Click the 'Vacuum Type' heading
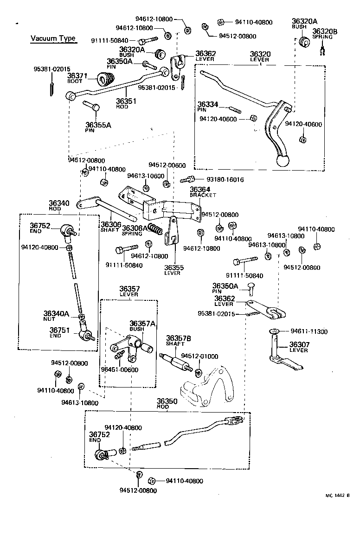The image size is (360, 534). pos(53,38)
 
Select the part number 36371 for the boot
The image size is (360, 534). pos(77,76)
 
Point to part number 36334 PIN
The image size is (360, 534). pos(208,104)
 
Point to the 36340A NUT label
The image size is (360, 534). pos(56,316)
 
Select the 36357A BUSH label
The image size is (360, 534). pos(142,325)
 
